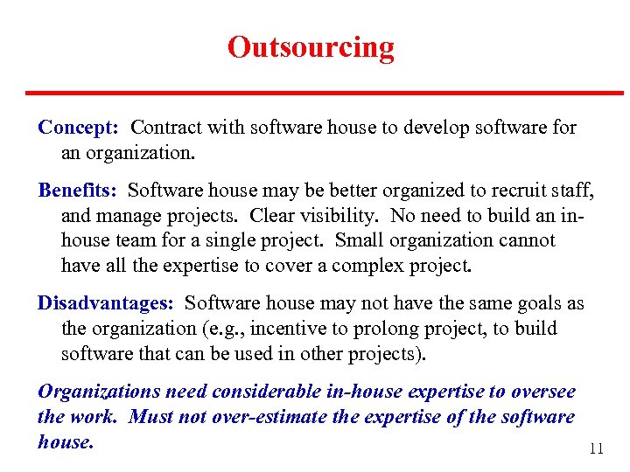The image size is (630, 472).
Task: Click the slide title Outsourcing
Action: click(x=311, y=46)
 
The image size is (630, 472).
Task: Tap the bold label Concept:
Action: click(x=79, y=128)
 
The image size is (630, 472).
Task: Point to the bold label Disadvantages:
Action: click(x=106, y=303)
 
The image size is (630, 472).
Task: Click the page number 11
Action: click(x=596, y=449)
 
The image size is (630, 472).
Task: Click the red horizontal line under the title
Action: click(x=324, y=93)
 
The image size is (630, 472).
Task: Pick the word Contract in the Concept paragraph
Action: click(x=164, y=128)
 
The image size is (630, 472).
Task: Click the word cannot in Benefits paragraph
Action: click(x=528, y=239)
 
